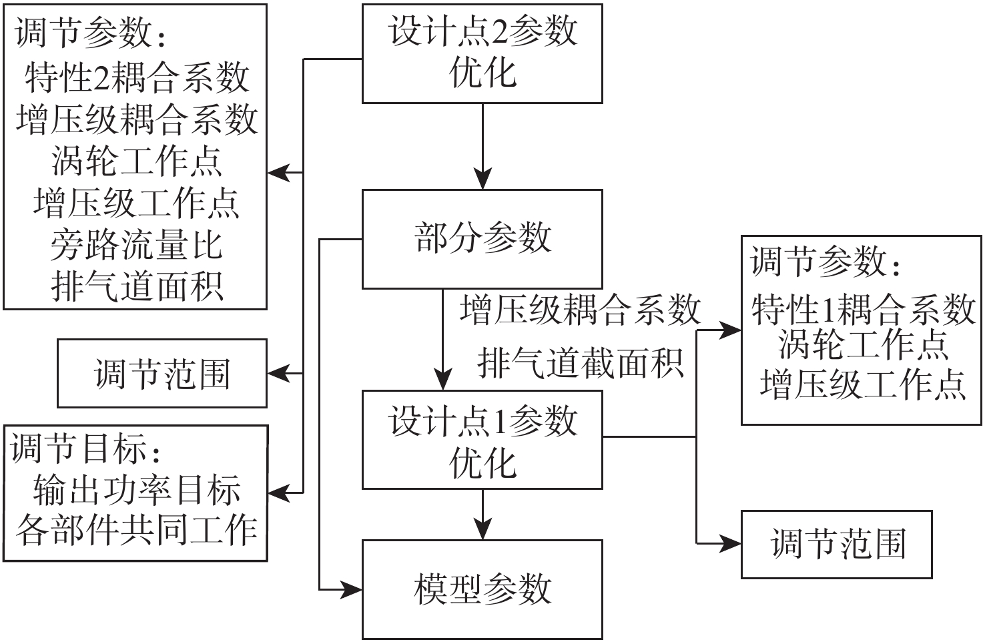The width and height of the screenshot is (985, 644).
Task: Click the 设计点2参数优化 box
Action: [x=482, y=53]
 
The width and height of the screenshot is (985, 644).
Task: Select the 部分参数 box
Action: [x=482, y=239]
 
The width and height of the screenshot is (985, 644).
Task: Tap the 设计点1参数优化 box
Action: [x=482, y=440]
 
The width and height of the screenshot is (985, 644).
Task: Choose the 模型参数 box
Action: [x=482, y=589]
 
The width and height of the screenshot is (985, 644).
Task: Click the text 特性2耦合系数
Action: [x=137, y=77]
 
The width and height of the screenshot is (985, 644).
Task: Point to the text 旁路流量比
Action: [x=136, y=245]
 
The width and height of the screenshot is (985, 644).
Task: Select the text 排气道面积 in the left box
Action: [x=136, y=287]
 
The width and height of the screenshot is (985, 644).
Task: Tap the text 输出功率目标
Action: [x=136, y=491]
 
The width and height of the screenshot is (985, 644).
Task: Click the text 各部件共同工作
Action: [x=136, y=531]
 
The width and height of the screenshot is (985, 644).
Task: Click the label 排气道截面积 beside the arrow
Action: [x=581, y=364]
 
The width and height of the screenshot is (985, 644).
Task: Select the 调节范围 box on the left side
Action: [x=162, y=374]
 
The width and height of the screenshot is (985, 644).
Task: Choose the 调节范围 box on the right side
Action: [x=837, y=544]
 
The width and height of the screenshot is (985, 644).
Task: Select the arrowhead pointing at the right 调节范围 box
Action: [x=730, y=543]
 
